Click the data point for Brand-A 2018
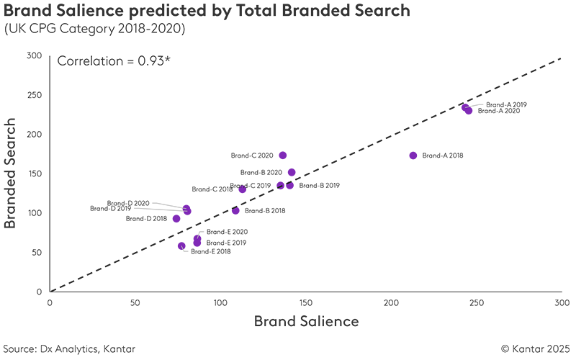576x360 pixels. click(413, 156)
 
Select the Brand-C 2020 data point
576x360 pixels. click(283, 156)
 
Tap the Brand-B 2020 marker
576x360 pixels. click(292, 173)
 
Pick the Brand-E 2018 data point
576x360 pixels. click(181, 246)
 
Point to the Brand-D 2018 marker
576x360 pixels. click(176, 218)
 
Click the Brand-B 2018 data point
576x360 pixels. click(235, 211)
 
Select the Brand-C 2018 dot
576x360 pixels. click(243, 189)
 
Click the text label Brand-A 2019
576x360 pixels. click(506, 104)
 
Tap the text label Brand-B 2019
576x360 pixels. click(319, 186)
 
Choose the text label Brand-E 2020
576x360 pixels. click(227, 232)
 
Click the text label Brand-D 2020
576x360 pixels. click(128, 204)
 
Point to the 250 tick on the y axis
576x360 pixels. click(35, 95)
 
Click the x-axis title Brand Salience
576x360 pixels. click(305, 322)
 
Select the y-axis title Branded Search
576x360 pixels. click(11, 174)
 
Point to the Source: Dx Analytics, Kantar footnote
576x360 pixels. click(68, 348)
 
